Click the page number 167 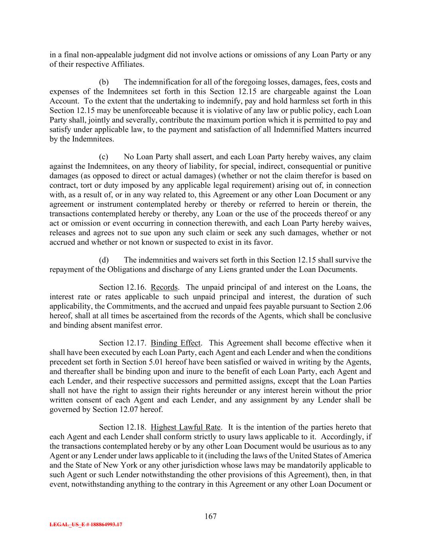(210, 516)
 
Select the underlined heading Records (164, 287)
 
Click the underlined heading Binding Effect (176, 343)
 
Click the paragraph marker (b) (104, 82)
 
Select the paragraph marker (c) (104, 157)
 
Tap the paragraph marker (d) (104, 260)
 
